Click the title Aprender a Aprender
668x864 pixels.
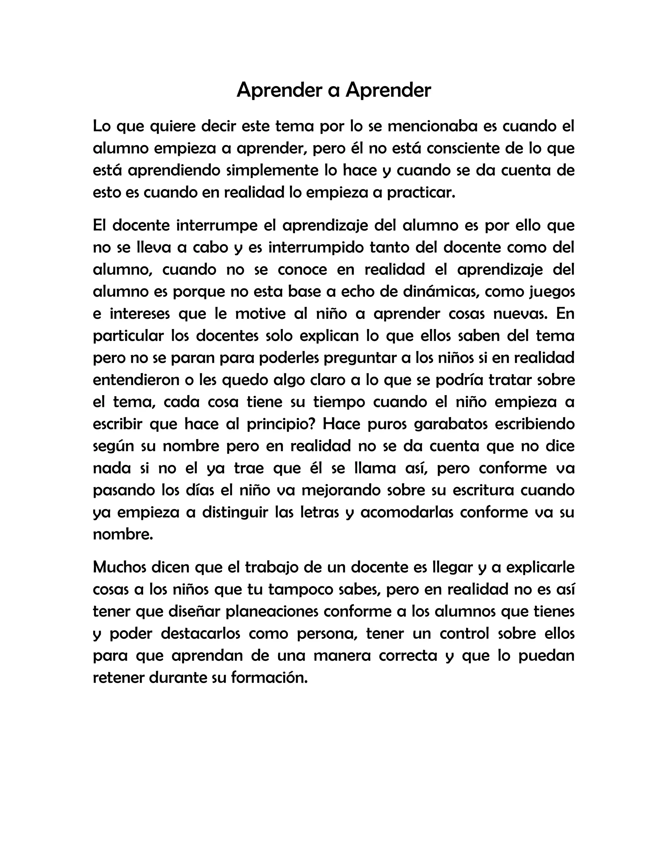334,90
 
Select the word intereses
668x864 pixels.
139,314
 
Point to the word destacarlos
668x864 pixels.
201,634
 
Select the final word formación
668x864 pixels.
269,678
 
